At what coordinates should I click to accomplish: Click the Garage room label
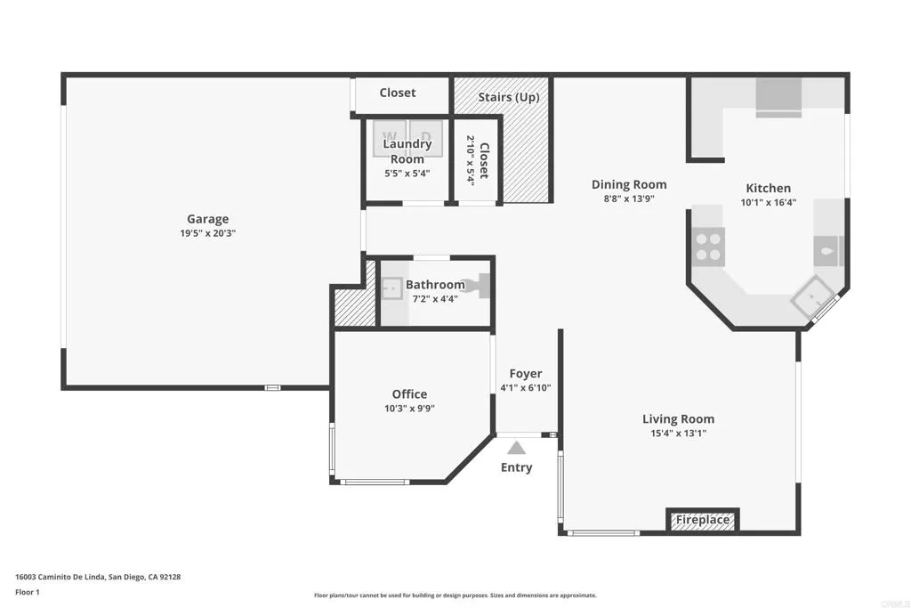207,219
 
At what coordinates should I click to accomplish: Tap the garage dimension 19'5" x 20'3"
207,233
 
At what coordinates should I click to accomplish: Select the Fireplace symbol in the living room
703,520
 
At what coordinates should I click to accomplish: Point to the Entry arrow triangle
516,449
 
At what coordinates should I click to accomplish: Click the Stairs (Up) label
508,97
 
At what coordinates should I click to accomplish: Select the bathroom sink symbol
391,288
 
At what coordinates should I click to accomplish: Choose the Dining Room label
629,184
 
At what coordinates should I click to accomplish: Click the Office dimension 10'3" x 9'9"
409,409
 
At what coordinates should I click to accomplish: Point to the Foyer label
525,374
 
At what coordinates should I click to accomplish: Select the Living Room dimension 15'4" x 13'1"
678,434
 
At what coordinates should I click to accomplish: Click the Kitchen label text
768,188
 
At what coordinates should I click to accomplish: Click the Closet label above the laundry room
398,93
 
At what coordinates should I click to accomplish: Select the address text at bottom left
98,577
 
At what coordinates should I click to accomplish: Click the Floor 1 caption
28,592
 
